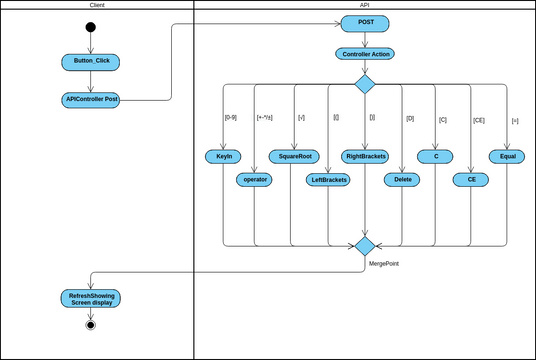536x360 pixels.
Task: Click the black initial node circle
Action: (x=91, y=27)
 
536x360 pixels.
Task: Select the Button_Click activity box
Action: (x=91, y=62)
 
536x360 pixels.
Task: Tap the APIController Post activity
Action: (x=91, y=99)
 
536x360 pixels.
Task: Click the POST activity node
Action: (x=365, y=23)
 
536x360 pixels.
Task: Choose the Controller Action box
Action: (x=365, y=54)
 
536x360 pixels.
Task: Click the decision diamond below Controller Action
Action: (x=365, y=83)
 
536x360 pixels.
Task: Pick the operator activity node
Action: (x=255, y=180)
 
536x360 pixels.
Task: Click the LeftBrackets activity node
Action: (x=329, y=180)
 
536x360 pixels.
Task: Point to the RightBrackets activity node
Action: (x=365, y=156)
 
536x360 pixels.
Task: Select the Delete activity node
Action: (x=402, y=180)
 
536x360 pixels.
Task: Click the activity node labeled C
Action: (x=436, y=156)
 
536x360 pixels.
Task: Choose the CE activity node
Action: (x=471, y=180)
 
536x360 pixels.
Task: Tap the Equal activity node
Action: (x=507, y=156)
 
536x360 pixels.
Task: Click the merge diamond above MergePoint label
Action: (x=365, y=245)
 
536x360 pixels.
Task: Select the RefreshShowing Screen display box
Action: (x=91, y=298)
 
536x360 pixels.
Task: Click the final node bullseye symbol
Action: (x=91, y=324)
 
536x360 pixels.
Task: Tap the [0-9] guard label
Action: (x=231, y=117)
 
